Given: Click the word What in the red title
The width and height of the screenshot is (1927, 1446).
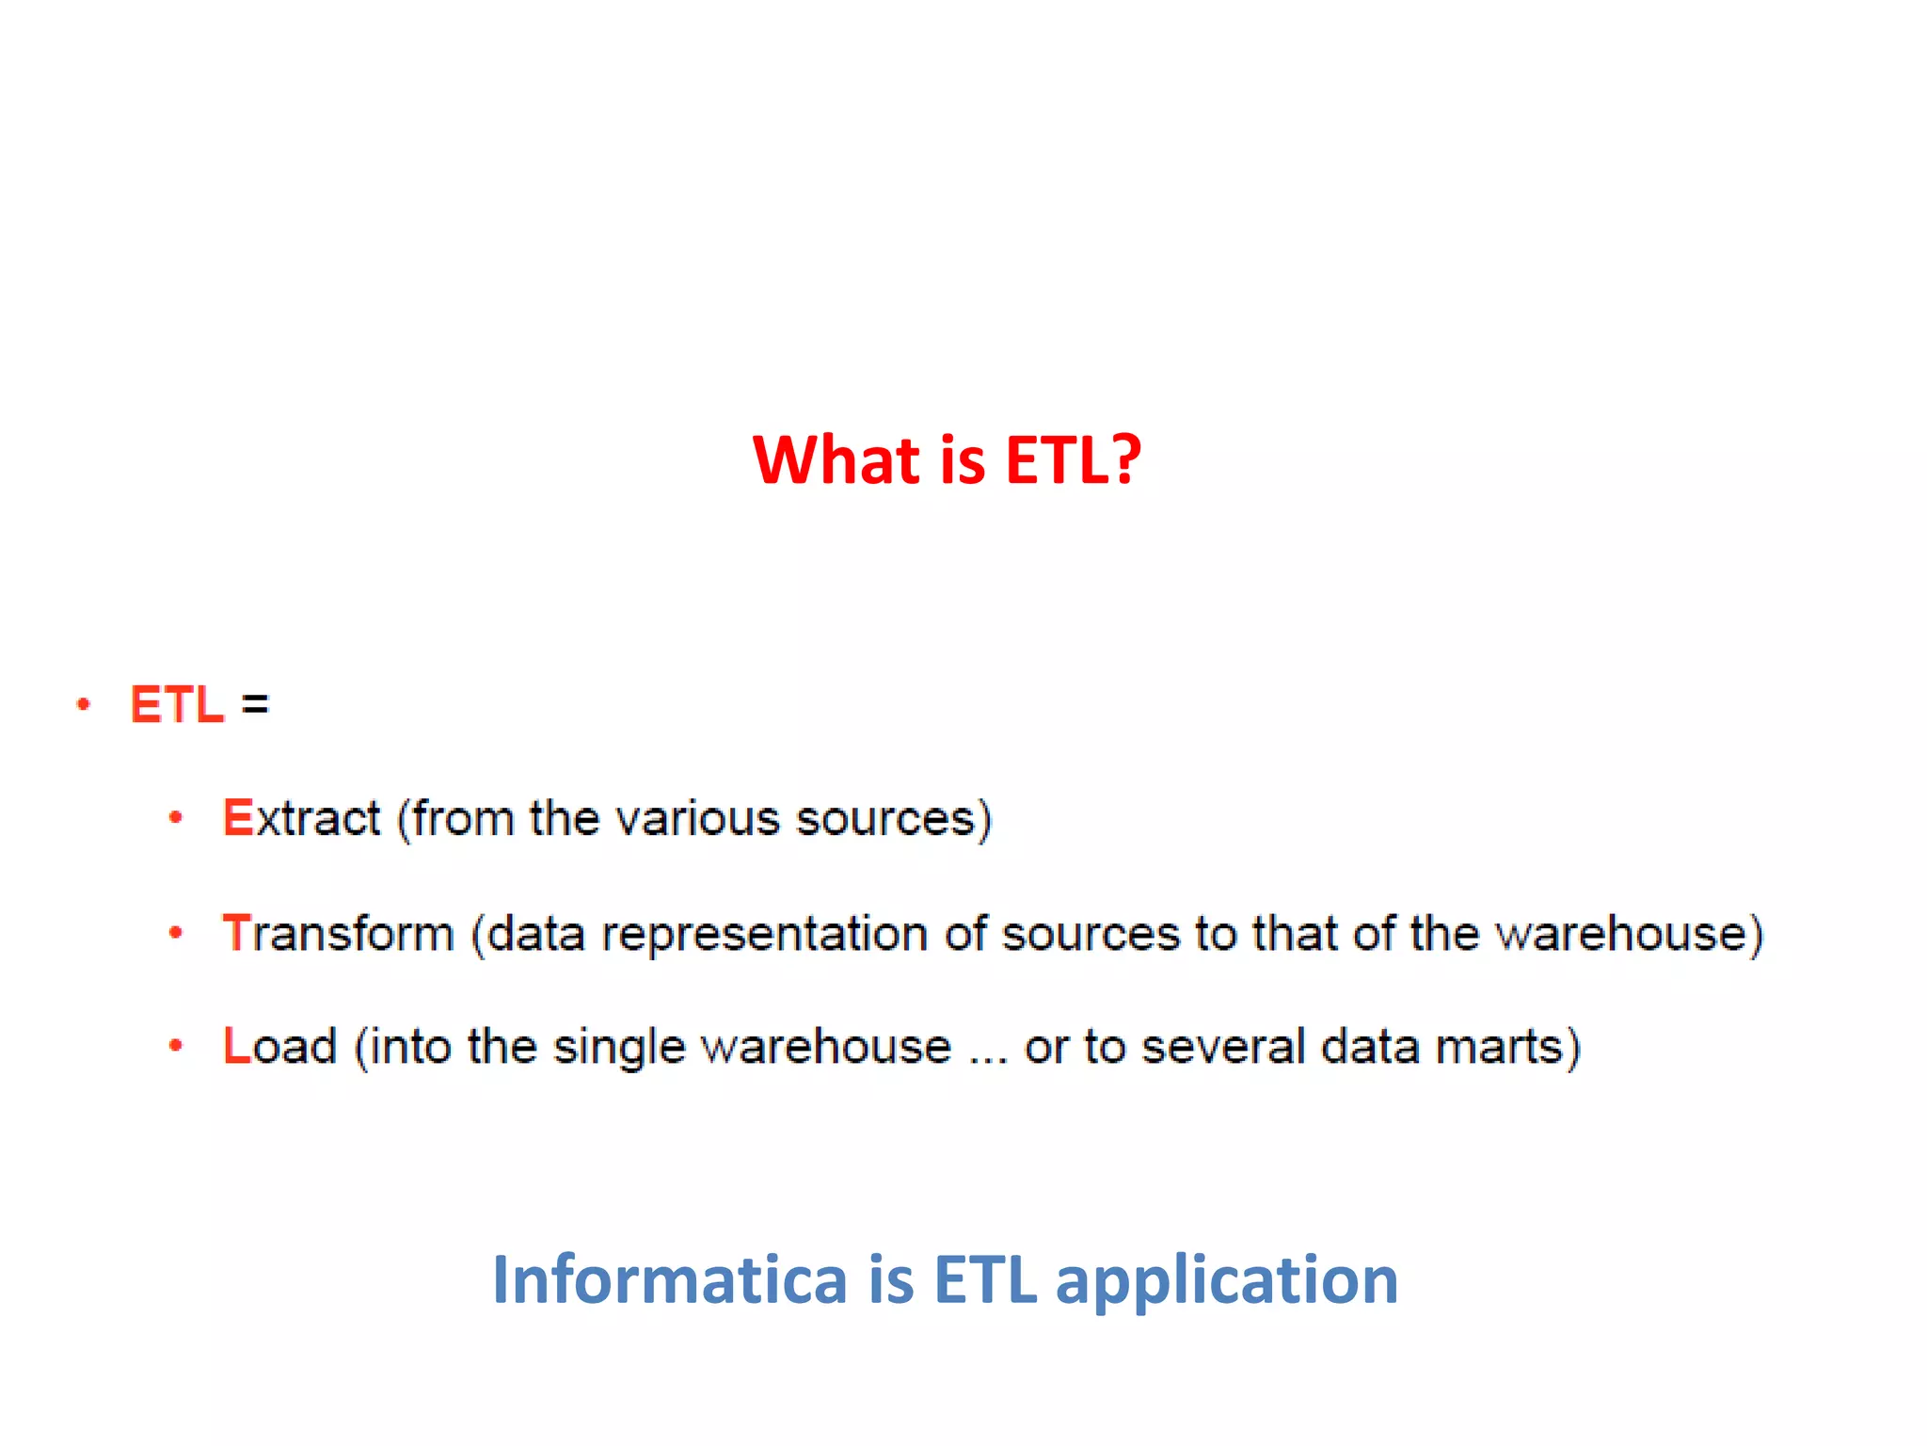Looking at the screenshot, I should click(836, 460).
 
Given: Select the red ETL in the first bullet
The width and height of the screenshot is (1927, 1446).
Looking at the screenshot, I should click(177, 704).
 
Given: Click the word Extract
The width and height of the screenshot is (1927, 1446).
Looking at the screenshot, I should click(301, 817).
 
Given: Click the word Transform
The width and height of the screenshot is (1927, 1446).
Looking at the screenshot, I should click(338, 933).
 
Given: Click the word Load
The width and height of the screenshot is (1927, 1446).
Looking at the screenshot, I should click(279, 1046).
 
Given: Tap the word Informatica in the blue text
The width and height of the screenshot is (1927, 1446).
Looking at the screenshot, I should click(669, 1279).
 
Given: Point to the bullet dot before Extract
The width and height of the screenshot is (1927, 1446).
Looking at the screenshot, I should click(175, 817).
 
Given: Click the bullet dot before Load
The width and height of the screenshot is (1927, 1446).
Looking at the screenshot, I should click(175, 1045).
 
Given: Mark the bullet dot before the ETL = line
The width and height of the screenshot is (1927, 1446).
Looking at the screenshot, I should click(84, 704).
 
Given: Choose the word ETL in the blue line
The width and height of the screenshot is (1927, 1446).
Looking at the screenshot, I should click(985, 1279).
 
